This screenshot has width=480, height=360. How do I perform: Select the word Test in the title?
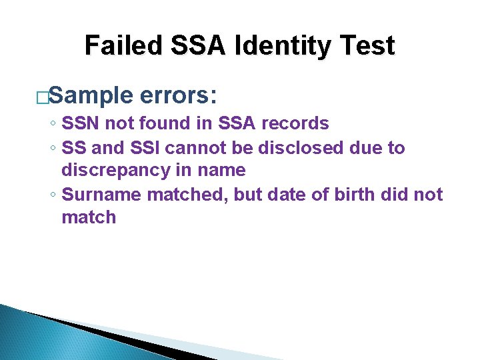pyautogui.click(x=365, y=46)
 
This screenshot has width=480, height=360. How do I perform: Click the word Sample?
pyautogui.click(x=91, y=95)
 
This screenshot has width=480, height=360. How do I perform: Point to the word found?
pyautogui.click(x=153, y=123)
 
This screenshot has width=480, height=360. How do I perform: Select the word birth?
pyautogui.click(x=351, y=194)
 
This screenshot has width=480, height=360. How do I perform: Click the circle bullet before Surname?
pyautogui.click(x=52, y=195)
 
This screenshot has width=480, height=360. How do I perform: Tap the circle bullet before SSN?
pyautogui.click(x=52, y=124)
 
